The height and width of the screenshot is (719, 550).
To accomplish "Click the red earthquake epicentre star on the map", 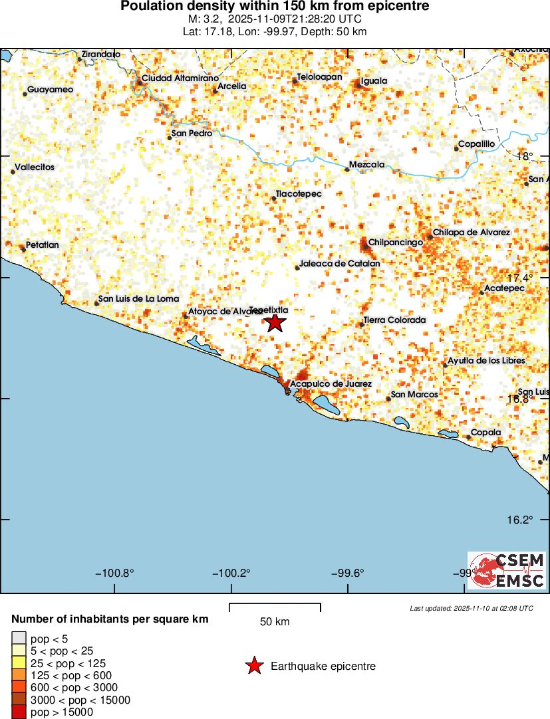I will (275, 323).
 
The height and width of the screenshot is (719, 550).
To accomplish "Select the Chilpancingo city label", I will (396, 243).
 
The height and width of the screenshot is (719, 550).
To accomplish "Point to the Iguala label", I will (374, 81).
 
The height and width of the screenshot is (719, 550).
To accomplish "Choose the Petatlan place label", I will (43, 245).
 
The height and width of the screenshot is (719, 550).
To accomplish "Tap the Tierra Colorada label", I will (395, 320).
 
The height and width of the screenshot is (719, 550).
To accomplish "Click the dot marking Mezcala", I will (346, 169).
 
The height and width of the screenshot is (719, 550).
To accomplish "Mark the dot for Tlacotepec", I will (274, 199).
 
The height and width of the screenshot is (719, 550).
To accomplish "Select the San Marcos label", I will (415, 395).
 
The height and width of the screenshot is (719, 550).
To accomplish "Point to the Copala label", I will (485, 433).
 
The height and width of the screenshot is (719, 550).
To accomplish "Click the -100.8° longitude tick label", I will (114, 573).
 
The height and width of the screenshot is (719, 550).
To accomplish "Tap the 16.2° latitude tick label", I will (520, 520).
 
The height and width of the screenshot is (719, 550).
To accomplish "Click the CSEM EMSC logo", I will (507, 571).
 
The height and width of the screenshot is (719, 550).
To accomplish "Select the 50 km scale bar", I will (275, 605).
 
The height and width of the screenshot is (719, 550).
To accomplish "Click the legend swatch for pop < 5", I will (19, 639).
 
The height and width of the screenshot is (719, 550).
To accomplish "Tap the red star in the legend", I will (254, 666).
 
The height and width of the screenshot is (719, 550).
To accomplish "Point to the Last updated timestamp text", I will (472, 608).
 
